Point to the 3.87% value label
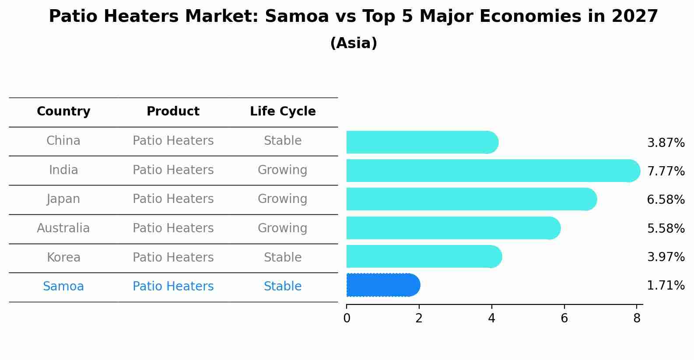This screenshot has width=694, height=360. [x=666, y=143]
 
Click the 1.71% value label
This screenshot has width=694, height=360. [x=666, y=286]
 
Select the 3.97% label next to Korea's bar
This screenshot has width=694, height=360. [x=666, y=257]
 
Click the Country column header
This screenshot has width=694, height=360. [x=63, y=112]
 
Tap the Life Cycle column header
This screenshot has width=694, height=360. [x=283, y=112]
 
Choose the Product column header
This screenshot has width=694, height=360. [x=173, y=112]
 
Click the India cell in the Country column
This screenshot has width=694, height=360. [x=63, y=170]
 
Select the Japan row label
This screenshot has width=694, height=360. [x=63, y=199]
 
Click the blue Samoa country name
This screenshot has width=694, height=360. [x=63, y=287]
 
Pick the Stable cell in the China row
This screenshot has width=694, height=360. [x=283, y=141]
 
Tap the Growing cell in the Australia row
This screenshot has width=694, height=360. [x=283, y=228]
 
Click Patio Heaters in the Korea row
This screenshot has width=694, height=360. [x=173, y=257]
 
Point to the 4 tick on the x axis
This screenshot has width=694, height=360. [x=491, y=318]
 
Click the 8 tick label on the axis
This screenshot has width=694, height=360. [x=637, y=318]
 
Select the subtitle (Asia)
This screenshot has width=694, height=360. [x=354, y=43]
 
